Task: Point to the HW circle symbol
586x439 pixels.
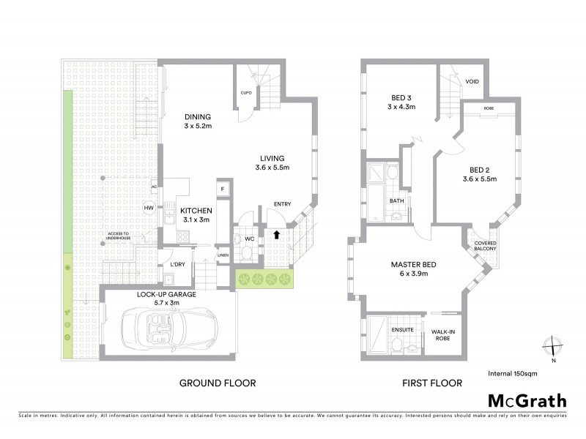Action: pyautogui.click(x=149, y=209)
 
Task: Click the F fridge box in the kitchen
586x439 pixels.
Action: pyautogui.click(x=221, y=190)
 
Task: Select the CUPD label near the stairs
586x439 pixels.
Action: pyautogui.click(x=247, y=93)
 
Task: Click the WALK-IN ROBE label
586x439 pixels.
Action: pyautogui.click(x=443, y=334)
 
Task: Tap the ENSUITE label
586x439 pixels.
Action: pyautogui.click(x=403, y=330)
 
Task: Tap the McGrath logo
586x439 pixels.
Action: pyautogui.click(x=527, y=400)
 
